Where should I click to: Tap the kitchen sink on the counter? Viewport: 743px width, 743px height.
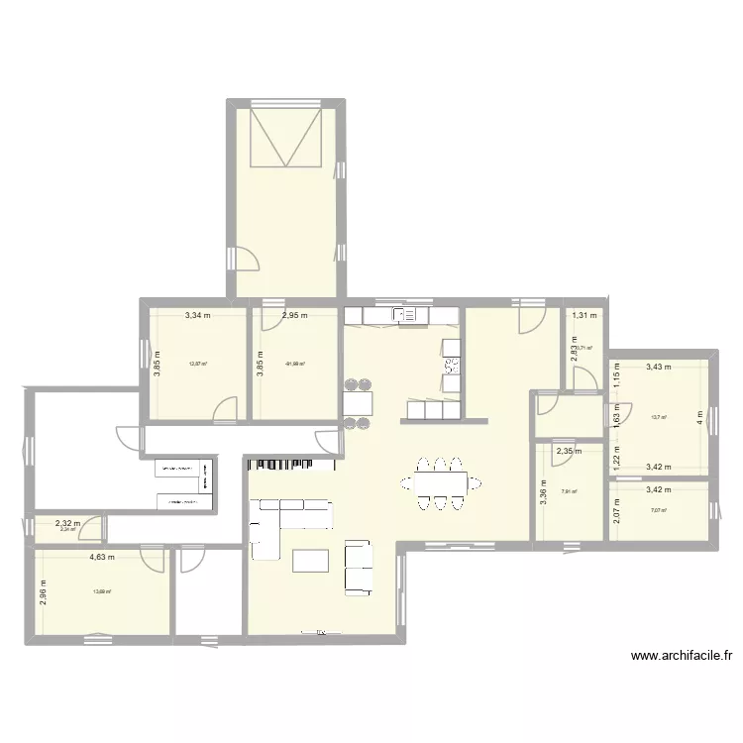click(405, 315)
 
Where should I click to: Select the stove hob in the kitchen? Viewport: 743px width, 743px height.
click(452, 364)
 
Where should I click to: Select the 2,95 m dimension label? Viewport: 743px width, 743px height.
click(294, 316)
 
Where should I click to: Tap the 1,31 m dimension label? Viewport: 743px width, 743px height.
click(585, 316)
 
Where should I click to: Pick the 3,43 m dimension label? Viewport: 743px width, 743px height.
click(658, 367)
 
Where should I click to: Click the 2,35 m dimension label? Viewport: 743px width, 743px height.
click(569, 453)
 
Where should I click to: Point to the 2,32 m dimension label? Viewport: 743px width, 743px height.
click(67, 522)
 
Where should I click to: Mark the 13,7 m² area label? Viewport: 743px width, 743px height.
click(659, 417)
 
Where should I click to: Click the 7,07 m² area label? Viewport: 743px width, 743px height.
click(659, 510)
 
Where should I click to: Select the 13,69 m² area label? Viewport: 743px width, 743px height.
click(102, 592)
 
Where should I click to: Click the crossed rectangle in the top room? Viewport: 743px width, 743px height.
click(287, 139)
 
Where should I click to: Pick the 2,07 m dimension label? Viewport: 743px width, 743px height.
click(615, 511)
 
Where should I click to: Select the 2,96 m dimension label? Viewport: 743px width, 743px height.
click(45, 591)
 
